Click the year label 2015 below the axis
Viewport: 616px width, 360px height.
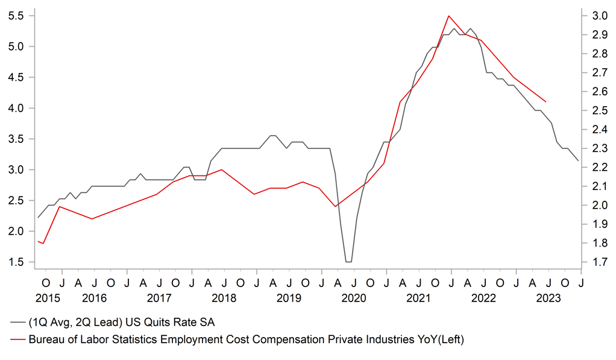(47, 298)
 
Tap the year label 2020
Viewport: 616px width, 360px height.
(354, 298)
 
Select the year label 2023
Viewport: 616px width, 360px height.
(548, 298)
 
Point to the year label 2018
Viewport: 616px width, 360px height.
(224, 298)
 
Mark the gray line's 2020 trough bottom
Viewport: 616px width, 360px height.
(348, 262)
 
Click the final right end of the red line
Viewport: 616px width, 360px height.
(545, 101)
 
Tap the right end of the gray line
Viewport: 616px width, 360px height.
(579, 160)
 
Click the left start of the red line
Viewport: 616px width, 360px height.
(38, 241)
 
